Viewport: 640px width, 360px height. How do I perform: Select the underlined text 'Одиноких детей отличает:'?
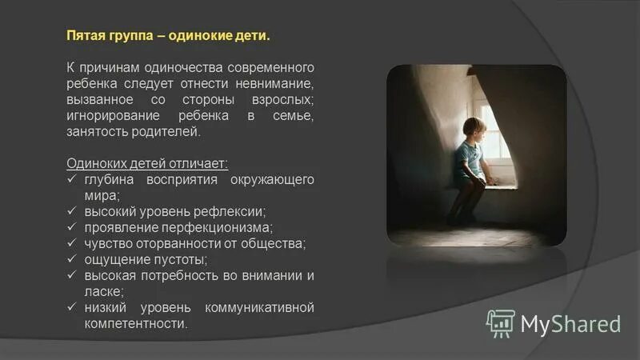[x=146, y=163]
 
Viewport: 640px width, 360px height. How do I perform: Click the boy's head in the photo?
[x=473, y=128]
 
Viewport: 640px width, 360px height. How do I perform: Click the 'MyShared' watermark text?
[x=570, y=323]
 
